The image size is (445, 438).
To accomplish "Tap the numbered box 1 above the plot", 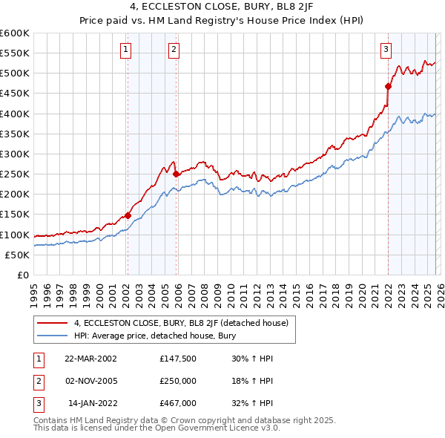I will pyautogui.click(x=126, y=50).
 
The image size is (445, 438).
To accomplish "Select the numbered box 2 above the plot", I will pyautogui.click(x=174, y=50).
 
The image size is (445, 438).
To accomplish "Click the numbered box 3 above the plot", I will pyautogui.click(x=386, y=50).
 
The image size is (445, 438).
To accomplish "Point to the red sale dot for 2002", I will pyautogui.click(x=128, y=215).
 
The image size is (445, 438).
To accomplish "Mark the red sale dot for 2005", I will pyautogui.click(x=176, y=174).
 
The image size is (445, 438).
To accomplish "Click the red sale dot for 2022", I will pyautogui.click(x=388, y=86).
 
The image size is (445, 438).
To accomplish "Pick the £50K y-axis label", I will pyautogui.click(x=18, y=255).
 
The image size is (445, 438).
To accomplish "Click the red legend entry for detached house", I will pyautogui.click(x=185, y=323).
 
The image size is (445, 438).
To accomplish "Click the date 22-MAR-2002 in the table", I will pyautogui.click(x=90, y=359).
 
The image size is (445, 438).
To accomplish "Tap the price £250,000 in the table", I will pyautogui.click(x=178, y=381).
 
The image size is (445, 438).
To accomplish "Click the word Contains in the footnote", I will pyautogui.click(x=52, y=420).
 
